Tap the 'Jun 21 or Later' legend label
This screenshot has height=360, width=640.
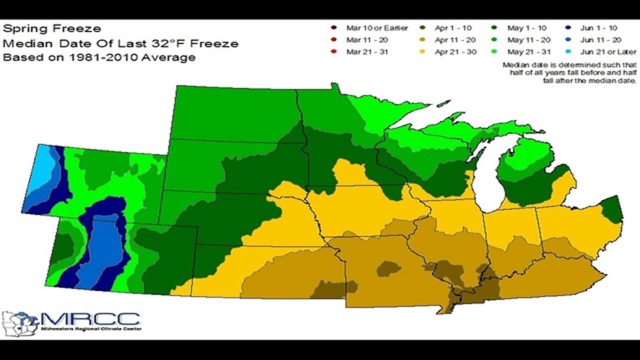click(x=608, y=51)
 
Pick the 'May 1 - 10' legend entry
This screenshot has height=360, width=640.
click(x=529, y=28)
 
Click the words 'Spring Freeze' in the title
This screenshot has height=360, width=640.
click(x=52, y=29)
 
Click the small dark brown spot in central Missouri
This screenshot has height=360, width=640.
click(x=388, y=269)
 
